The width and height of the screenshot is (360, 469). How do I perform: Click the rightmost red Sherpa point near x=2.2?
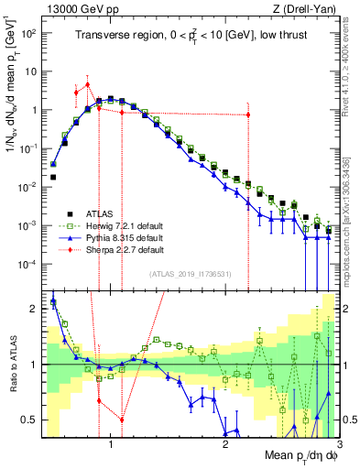tap(248, 115)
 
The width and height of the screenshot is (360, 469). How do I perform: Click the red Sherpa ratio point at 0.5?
tap(122, 420)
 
